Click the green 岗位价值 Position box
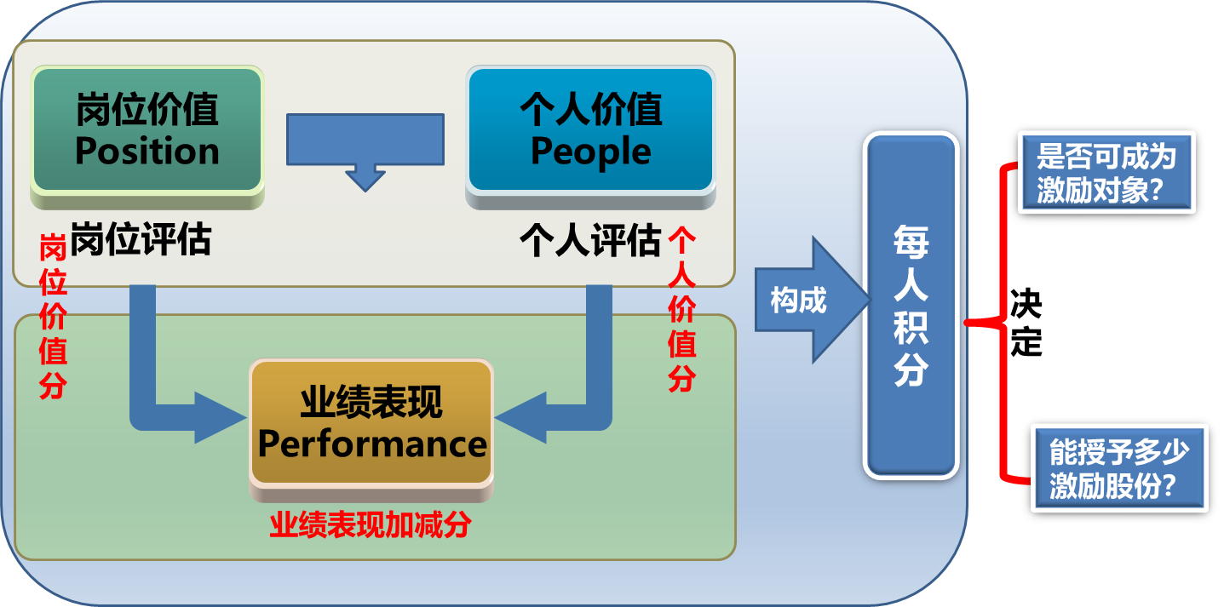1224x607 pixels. click(x=147, y=129)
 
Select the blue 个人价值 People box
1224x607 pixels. click(x=590, y=129)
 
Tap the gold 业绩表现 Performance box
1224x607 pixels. click(x=371, y=423)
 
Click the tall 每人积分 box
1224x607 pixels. click(x=911, y=304)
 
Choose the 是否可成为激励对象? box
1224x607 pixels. click(x=1106, y=172)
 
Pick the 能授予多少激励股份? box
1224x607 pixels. click(x=1118, y=467)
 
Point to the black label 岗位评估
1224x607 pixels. click(x=141, y=241)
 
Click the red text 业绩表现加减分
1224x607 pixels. click(x=371, y=525)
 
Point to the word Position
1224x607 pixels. click(x=147, y=152)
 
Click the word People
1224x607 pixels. click(x=590, y=152)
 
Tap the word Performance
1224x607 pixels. click(x=371, y=444)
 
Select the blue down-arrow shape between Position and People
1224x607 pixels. click(x=365, y=150)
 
